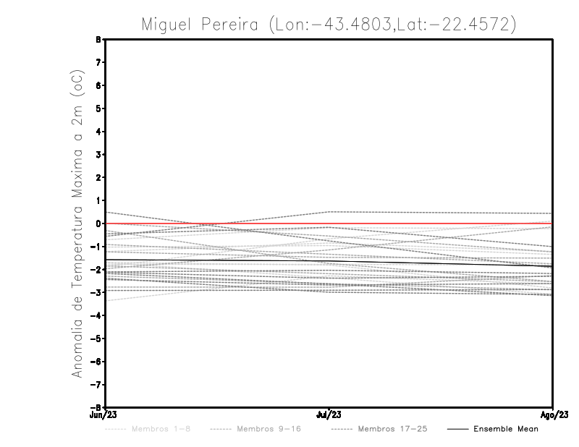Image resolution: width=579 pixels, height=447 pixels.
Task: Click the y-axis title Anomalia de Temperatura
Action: (77, 223)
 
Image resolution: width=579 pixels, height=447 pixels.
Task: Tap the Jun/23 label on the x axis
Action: (105, 415)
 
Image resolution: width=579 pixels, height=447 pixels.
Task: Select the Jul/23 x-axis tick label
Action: (329, 415)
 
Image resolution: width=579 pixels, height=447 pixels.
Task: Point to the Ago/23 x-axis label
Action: (554, 415)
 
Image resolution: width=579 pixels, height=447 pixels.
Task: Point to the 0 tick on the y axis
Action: (98, 223)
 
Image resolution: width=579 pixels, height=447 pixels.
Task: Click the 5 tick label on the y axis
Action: (98, 108)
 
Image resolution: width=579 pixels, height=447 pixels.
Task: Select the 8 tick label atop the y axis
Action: (98, 40)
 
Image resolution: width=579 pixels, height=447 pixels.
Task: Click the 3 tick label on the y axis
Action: (98, 155)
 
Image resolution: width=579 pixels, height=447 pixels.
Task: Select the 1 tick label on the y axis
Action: (98, 200)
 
